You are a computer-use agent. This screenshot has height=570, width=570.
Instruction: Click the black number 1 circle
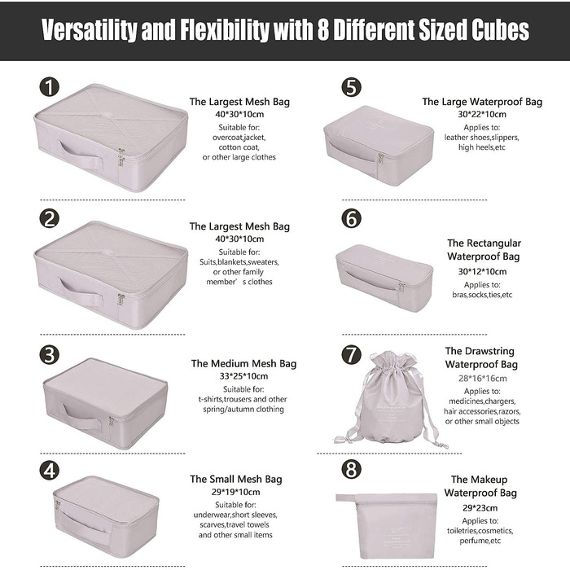click(50, 87)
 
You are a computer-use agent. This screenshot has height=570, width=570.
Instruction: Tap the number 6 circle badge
click(351, 218)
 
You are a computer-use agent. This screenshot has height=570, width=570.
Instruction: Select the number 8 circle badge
click(351, 469)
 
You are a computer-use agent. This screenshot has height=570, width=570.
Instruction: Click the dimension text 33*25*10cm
click(243, 376)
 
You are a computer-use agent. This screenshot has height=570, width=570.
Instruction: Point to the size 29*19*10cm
click(236, 492)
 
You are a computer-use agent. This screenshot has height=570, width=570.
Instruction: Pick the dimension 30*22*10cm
click(482, 114)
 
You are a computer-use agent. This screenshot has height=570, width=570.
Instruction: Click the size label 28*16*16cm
click(482, 379)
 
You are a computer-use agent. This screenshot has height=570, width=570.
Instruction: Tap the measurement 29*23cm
click(480, 508)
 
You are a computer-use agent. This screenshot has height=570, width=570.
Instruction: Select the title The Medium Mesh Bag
click(243, 363)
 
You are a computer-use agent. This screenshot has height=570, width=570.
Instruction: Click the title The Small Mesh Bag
click(236, 479)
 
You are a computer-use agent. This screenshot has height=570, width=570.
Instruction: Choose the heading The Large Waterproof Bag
click(482, 102)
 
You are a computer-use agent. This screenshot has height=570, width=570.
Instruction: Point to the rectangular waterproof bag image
click(384, 278)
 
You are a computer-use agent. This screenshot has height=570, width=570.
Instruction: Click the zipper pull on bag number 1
click(121, 157)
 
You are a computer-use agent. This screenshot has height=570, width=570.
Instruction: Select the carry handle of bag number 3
click(81, 416)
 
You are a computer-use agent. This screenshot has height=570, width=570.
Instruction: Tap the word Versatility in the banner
click(89, 30)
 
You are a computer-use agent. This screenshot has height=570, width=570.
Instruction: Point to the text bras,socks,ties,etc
click(482, 295)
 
